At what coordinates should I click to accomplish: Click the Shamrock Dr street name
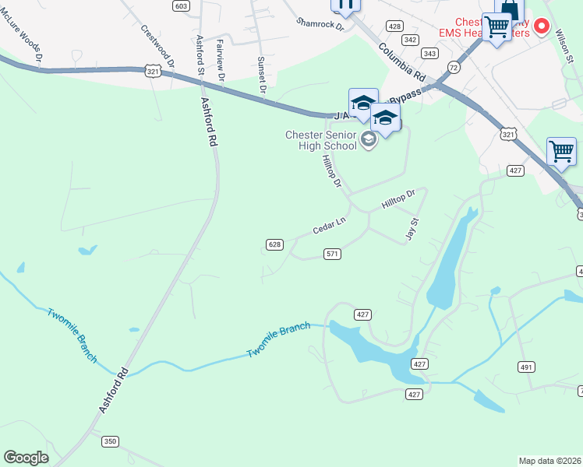click(x=320, y=24)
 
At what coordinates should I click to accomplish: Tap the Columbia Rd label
click(x=402, y=63)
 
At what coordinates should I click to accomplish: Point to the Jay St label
click(x=414, y=230)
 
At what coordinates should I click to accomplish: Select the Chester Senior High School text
click(x=321, y=141)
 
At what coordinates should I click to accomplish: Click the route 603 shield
click(x=181, y=5)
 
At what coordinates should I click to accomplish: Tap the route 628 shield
click(x=274, y=244)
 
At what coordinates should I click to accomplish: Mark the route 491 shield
click(x=526, y=367)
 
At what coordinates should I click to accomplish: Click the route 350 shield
click(x=110, y=441)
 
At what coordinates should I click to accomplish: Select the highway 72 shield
click(x=454, y=69)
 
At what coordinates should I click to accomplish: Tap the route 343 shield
click(x=429, y=53)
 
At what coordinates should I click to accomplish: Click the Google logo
click(x=26, y=457)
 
